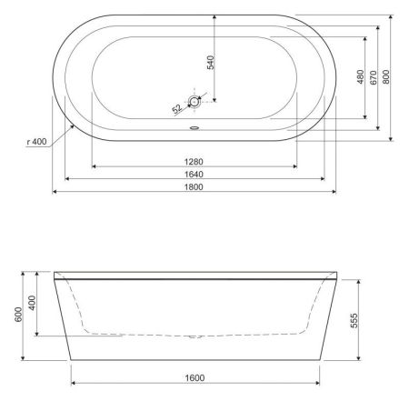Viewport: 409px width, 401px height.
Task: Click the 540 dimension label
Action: (210, 63)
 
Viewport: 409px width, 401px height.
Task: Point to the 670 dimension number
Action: (374, 77)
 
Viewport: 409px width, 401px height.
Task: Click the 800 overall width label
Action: (387, 77)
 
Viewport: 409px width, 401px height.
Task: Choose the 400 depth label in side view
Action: (33, 303)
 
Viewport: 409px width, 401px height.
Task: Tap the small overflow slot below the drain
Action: (194, 127)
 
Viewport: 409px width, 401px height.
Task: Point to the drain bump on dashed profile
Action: (193, 337)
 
